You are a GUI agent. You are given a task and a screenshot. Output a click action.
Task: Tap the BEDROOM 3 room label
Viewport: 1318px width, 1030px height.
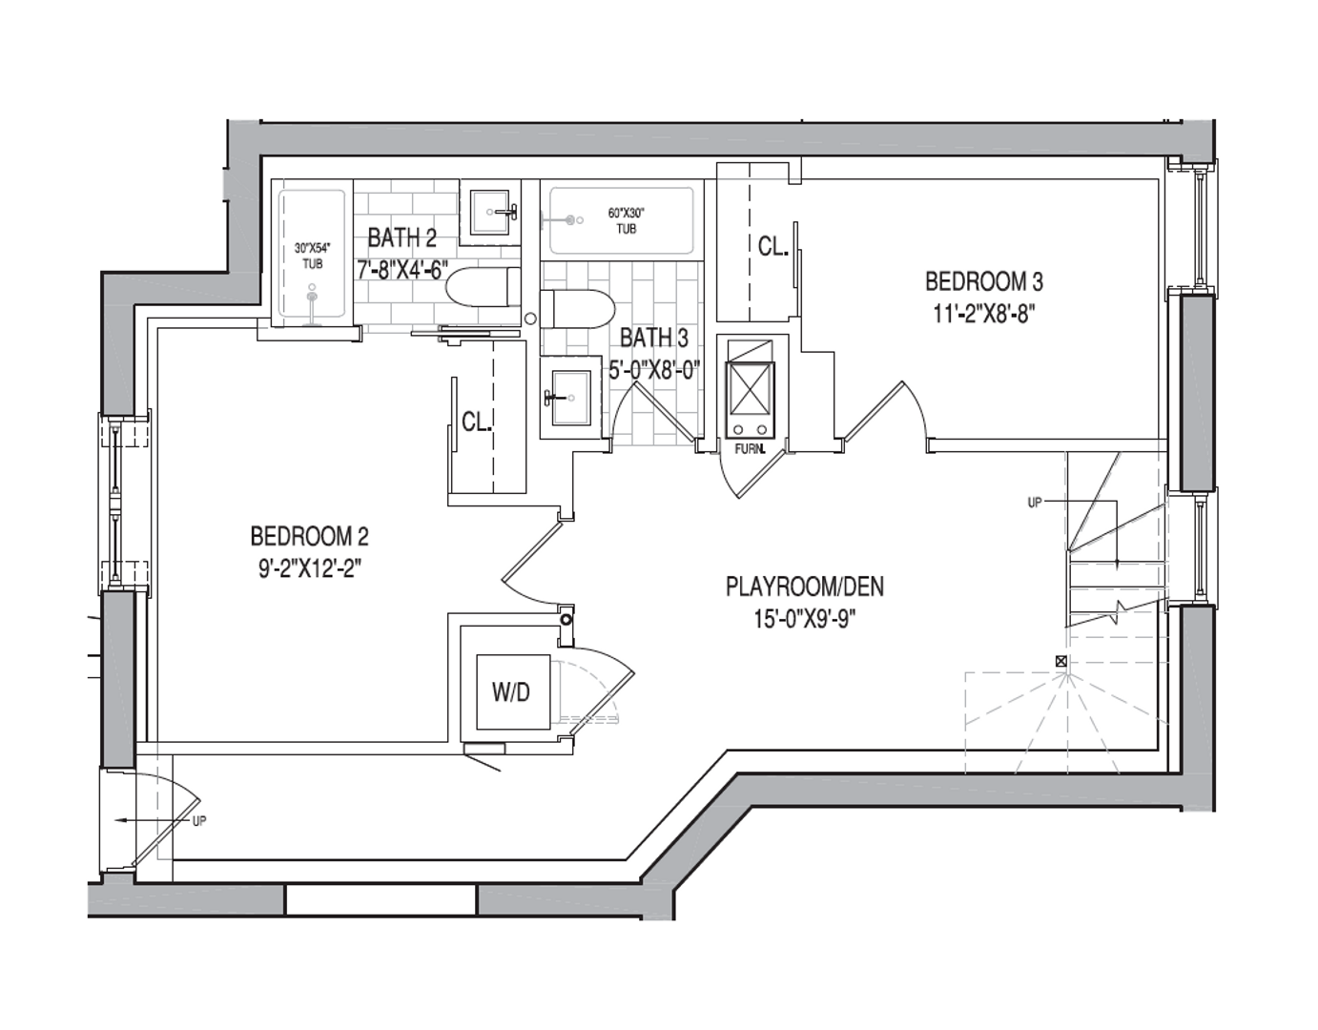(x=983, y=281)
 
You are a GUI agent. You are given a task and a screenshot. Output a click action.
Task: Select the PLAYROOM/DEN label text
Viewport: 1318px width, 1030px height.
(x=804, y=586)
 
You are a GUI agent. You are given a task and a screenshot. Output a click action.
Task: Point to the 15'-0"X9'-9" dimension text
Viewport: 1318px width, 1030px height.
(x=804, y=619)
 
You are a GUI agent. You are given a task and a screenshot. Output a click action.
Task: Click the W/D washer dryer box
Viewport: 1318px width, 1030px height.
(x=511, y=692)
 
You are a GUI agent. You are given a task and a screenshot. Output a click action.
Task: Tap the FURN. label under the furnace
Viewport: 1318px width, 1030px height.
(x=750, y=448)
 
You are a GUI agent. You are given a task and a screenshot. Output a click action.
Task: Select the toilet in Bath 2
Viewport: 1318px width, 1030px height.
(x=482, y=287)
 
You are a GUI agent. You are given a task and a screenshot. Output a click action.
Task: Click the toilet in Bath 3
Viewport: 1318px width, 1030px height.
(x=577, y=309)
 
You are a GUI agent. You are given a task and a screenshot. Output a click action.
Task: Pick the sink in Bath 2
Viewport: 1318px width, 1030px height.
(x=493, y=210)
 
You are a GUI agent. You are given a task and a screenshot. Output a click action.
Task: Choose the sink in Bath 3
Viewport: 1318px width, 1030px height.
(x=570, y=396)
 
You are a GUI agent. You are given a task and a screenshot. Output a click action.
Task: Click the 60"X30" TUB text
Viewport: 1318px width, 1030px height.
(x=627, y=221)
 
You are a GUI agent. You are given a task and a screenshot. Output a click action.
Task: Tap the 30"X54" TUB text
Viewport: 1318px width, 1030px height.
(x=312, y=256)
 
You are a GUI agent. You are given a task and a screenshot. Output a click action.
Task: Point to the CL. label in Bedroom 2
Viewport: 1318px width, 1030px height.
(x=476, y=422)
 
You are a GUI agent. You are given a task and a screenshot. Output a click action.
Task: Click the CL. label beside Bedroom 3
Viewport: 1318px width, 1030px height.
(x=772, y=246)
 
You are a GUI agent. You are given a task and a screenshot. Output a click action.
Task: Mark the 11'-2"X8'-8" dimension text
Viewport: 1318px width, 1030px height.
(x=983, y=314)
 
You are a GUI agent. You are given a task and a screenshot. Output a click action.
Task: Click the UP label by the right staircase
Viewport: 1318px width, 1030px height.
(x=1034, y=503)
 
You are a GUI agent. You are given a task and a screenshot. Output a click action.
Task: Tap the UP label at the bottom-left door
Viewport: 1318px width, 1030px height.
(x=198, y=821)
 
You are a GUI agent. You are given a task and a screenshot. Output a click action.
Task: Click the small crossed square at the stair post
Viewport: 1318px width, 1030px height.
(x=1061, y=661)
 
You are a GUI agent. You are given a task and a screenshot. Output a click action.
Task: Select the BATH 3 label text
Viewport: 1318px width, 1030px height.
(x=653, y=338)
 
